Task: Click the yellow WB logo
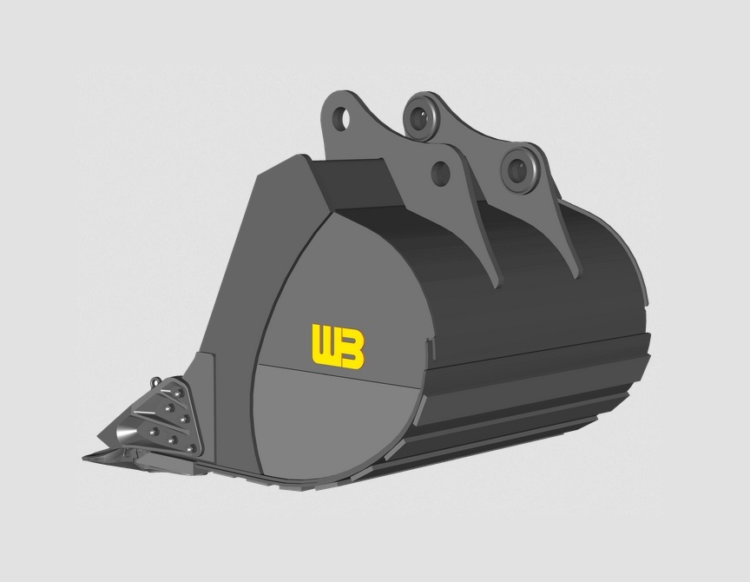point(338,346)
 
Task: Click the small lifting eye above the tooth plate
point(155,382)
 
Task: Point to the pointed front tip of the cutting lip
point(87,455)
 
